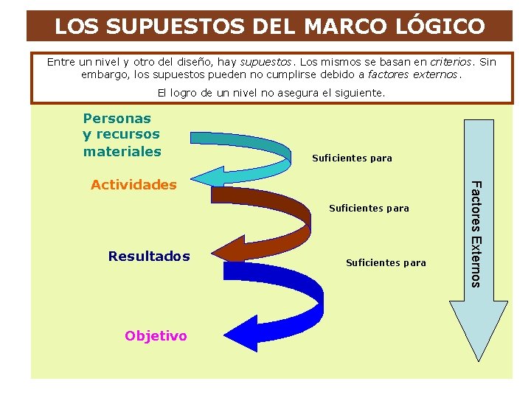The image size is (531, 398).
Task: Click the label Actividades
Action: (x=133, y=185)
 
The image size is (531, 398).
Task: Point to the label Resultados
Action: (x=149, y=256)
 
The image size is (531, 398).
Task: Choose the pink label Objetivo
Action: (x=156, y=336)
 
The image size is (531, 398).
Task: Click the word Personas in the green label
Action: (x=117, y=118)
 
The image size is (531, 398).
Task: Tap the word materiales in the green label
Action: (x=122, y=151)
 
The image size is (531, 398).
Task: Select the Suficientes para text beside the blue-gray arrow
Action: (x=353, y=158)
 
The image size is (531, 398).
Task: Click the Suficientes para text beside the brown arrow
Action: (x=369, y=209)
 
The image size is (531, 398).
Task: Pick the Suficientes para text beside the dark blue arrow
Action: (x=386, y=262)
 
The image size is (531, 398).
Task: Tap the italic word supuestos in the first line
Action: (x=265, y=62)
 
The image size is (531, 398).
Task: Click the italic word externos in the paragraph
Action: (x=437, y=74)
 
